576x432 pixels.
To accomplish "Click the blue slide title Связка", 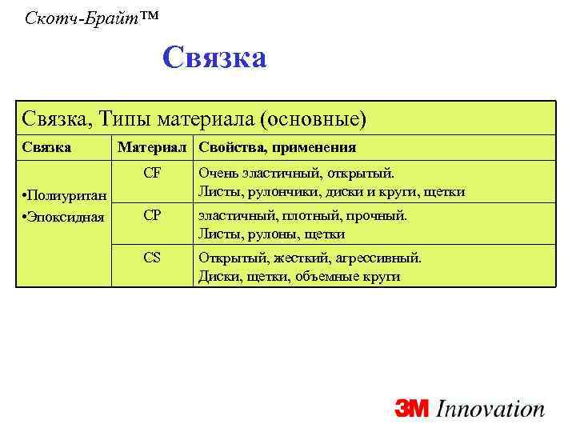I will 214,58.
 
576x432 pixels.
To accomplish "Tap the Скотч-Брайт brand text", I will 86,16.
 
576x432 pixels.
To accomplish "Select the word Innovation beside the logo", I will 490,409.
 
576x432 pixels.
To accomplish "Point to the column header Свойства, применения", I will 278,147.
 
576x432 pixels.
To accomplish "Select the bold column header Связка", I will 46,147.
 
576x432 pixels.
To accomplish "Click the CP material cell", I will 152,215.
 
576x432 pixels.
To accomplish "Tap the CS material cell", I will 152,258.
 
